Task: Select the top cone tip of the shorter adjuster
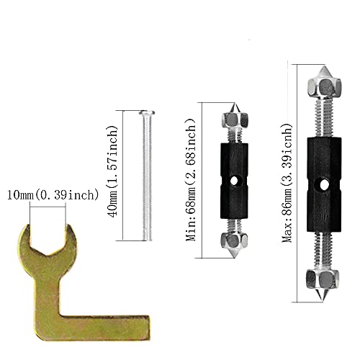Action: click(232, 109)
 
